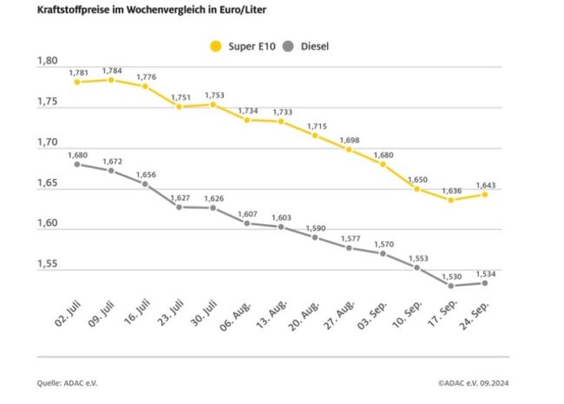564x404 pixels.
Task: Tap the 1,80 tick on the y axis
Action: pos(47,62)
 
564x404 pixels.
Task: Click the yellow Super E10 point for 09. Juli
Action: pos(111,79)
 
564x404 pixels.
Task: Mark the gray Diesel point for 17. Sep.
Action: pos(450,285)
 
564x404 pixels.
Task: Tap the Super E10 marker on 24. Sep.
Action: pos(484,194)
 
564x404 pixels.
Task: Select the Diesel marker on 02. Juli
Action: pos(77,163)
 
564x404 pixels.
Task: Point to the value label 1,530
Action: pos(450,275)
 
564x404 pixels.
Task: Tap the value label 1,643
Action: pos(486,183)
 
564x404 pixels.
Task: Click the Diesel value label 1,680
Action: pos(79,153)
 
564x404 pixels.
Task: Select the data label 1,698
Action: pos(351,138)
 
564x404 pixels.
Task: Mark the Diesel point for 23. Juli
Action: pos(179,207)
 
